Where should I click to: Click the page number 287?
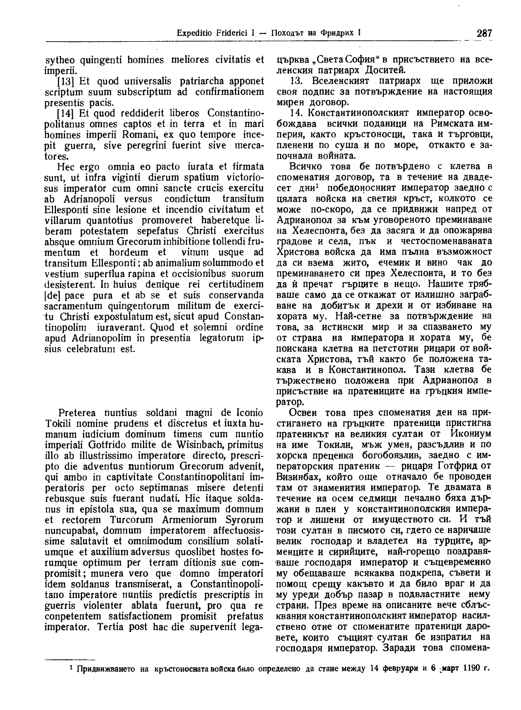point(483,33)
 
